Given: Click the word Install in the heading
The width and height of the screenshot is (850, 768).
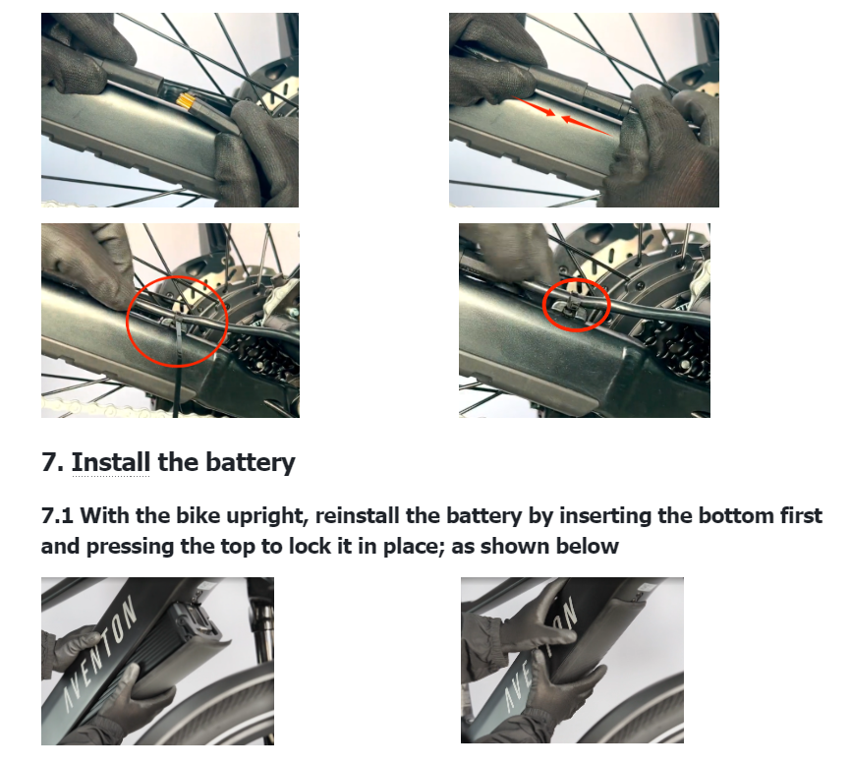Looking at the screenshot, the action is pos(111,462).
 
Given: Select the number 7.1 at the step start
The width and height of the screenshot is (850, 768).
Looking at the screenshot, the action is pos(57,515).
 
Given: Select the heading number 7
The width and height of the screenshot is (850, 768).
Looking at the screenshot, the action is pos(52,462).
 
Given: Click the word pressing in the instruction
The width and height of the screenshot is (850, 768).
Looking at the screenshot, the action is pos(130,547).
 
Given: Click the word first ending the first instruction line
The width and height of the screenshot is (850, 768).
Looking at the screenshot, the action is pos(801,515).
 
